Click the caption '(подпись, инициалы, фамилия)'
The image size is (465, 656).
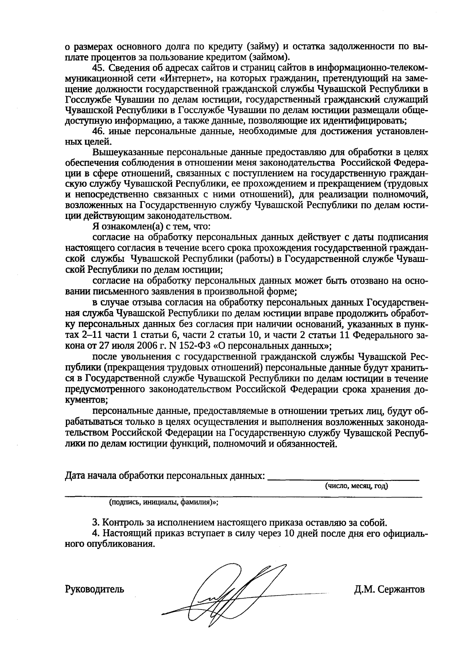[163, 502]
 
